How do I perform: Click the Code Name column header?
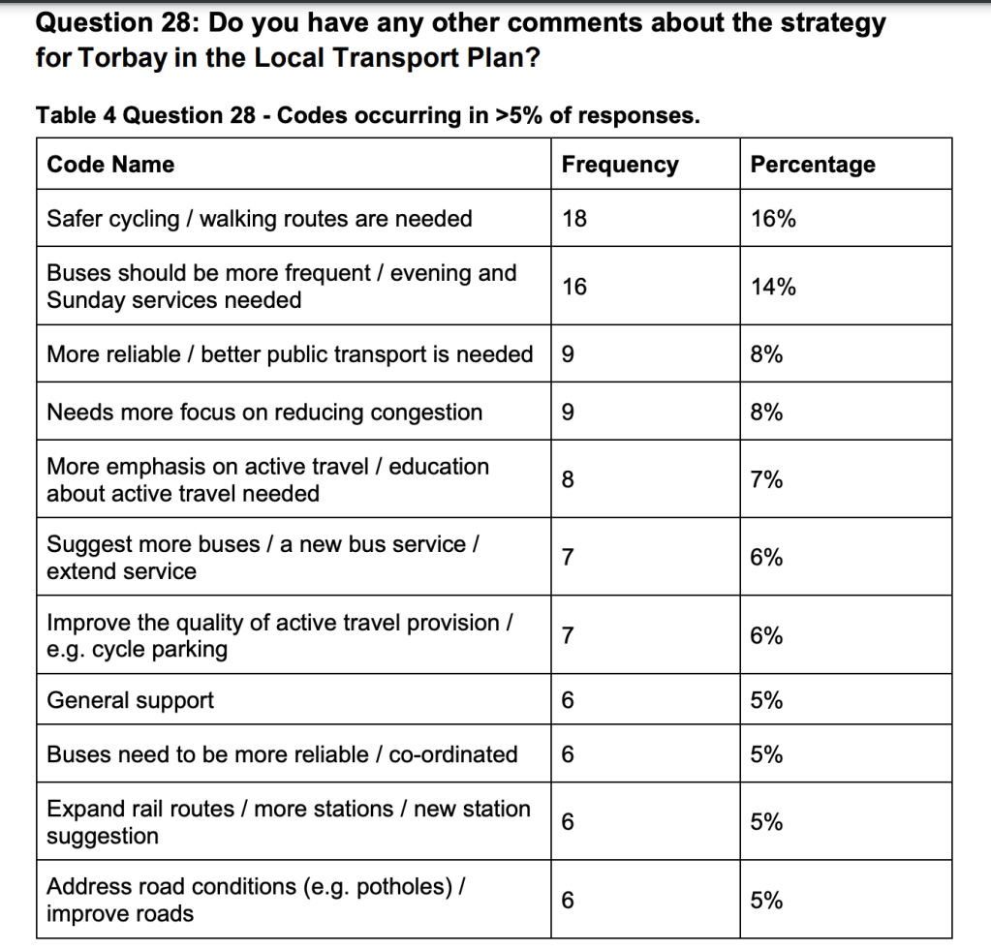point(110,165)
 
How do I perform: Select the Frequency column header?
point(620,165)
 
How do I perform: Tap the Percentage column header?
point(812,165)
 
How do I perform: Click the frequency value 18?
point(574,219)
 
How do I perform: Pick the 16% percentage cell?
point(773,219)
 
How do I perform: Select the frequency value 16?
point(574,287)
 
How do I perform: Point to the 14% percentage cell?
point(773,287)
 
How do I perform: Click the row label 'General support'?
point(130,700)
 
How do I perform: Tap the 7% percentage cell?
point(766,480)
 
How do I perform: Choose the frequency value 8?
point(569,480)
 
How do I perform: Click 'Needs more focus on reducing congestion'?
point(264,413)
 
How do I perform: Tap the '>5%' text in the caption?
point(519,116)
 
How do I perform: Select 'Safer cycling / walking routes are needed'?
point(260,219)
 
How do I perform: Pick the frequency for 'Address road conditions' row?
point(569,901)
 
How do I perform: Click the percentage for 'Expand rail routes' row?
point(766,822)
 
